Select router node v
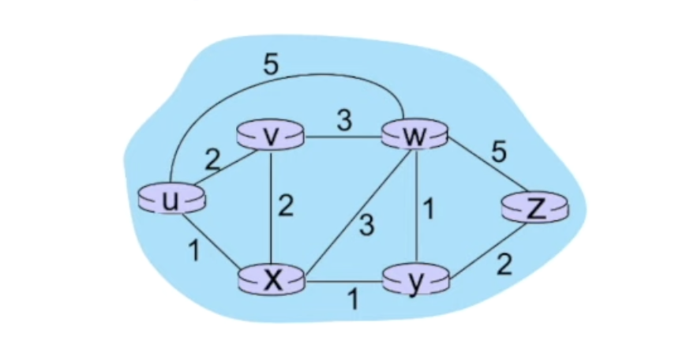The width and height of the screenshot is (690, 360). click(271, 137)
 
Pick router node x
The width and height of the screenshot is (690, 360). click(272, 279)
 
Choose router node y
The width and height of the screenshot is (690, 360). click(414, 280)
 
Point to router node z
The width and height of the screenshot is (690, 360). click(535, 208)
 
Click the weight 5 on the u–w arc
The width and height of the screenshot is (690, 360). click(270, 66)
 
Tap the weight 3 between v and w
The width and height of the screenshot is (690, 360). click(343, 122)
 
